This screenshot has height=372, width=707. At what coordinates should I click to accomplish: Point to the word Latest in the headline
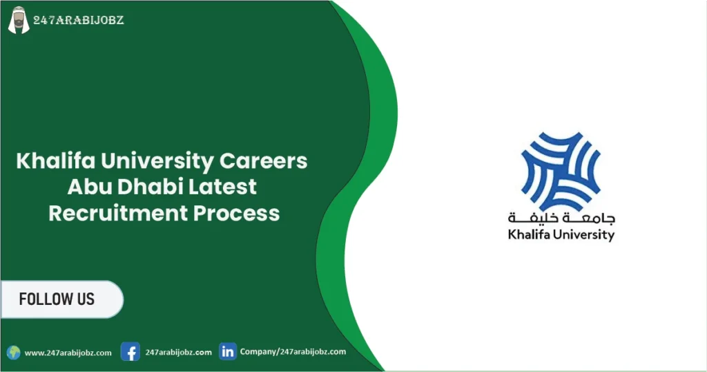224,187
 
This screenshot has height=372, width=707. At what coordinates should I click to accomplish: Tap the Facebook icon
130,352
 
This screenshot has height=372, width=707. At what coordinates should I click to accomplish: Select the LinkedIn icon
228,351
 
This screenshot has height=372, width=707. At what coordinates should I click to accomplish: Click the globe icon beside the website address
14,353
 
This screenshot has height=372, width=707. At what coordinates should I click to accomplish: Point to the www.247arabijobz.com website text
68,353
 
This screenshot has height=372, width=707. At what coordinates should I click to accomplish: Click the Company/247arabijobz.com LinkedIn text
293,351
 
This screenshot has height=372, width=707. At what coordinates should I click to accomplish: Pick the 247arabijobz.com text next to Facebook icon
179,352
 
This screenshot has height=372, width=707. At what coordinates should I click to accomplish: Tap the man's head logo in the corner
19,20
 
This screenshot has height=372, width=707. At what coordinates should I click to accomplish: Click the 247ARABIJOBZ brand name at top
79,19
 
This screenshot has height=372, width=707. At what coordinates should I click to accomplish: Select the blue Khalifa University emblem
561,169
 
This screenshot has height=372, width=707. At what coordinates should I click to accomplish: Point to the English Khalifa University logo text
561,235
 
